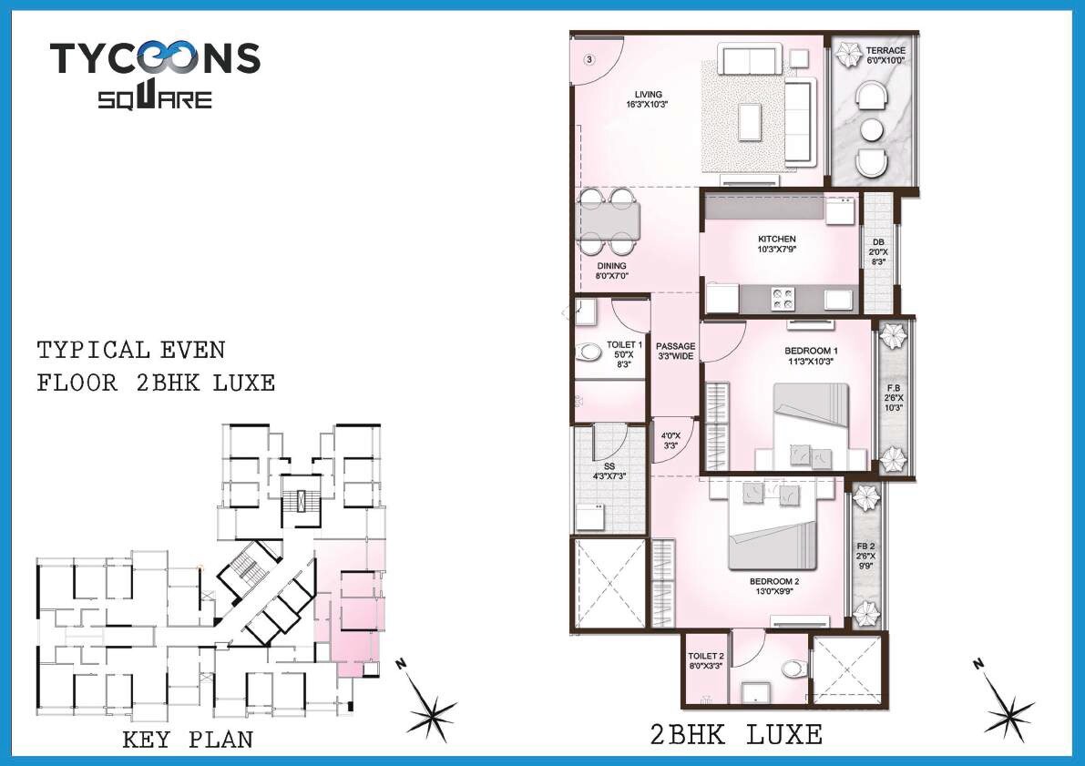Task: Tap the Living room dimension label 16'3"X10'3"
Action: pyautogui.click(x=648, y=105)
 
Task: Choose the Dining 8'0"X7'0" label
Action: pyautogui.click(x=611, y=271)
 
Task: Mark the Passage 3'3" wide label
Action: pyautogui.click(x=675, y=351)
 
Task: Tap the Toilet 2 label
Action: pyautogui.click(x=705, y=660)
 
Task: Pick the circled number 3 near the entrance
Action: pyautogui.click(x=589, y=60)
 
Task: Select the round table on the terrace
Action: pyautogui.click(x=873, y=128)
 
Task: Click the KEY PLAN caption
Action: pyautogui.click(x=188, y=740)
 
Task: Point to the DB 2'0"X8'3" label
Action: pyautogui.click(x=877, y=251)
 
